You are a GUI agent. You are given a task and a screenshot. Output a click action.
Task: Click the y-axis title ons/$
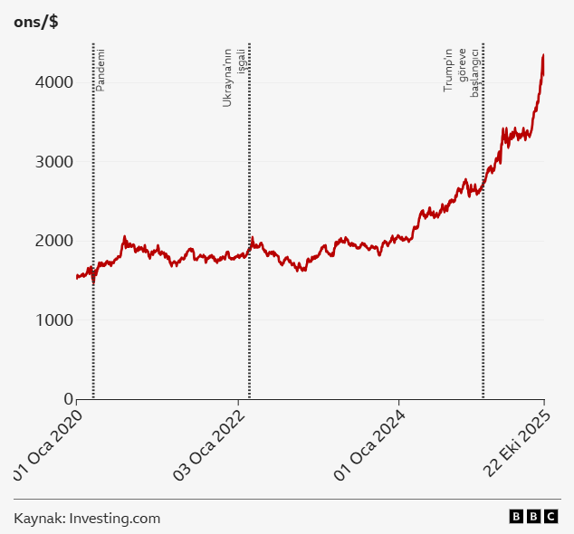pos(36,22)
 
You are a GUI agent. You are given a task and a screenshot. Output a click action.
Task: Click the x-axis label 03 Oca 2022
pos(211,446)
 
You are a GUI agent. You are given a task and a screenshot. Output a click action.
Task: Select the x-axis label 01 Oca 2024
pos(371,446)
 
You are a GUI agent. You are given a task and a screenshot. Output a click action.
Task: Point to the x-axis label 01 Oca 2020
pos(53,444)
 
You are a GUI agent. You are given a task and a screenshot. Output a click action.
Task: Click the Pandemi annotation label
pos(100,69)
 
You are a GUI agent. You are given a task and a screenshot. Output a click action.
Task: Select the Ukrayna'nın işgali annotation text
pos(234,77)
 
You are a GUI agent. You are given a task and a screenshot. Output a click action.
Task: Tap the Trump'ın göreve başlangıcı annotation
pos(461,71)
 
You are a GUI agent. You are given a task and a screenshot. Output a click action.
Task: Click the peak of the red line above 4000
pos(542,55)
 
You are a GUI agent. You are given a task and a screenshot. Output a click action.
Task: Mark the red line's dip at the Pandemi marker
pos(93,283)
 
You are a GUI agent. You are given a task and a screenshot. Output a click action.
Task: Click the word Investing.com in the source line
pos(115,519)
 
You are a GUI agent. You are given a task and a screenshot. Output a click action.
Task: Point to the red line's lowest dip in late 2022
pos(301,271)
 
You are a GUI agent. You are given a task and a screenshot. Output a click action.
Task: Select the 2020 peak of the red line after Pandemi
pos(125,237)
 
